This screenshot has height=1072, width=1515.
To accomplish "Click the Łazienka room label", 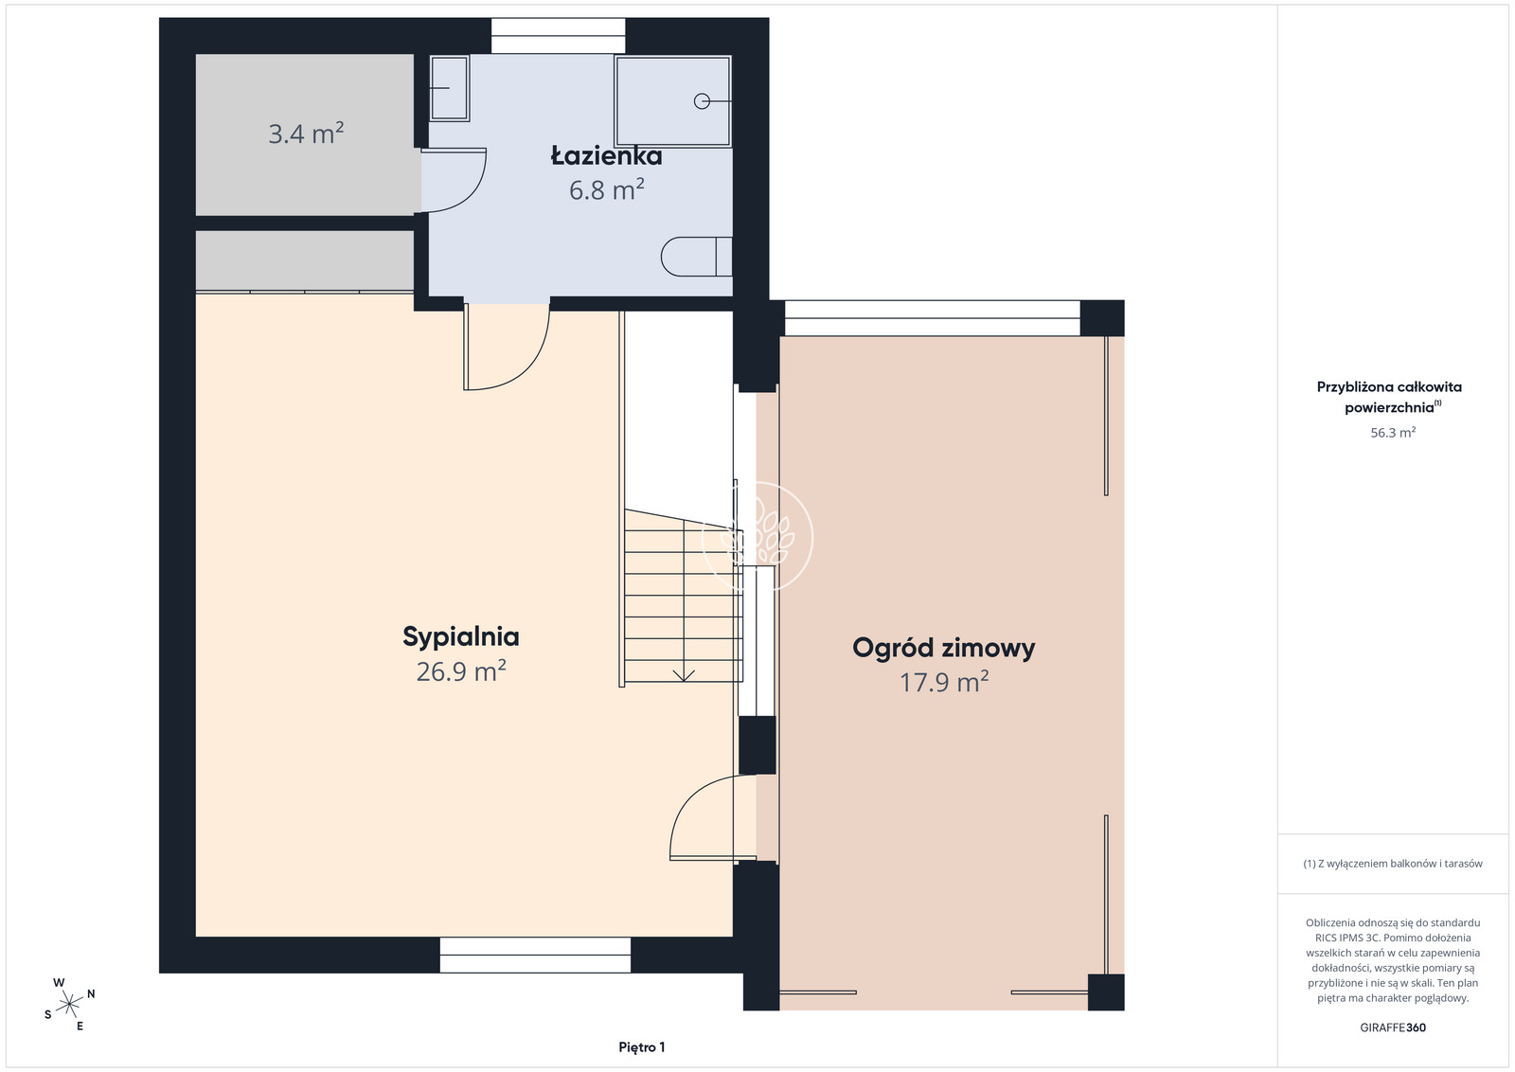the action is coord(606,155).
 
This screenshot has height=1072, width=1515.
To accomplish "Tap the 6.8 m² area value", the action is coord(606,189).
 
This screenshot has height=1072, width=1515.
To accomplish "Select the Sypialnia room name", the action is coord(460,637).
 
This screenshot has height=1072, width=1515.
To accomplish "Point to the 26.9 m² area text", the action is coord(460,670).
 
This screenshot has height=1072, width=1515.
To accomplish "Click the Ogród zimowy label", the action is coord(943,648).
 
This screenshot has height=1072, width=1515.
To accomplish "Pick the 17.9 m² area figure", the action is coord(943,682).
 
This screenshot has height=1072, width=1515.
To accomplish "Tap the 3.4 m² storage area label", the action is coord(306,134).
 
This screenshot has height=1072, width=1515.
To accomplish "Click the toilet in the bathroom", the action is coord(696,257).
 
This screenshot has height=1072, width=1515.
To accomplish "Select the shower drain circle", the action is coord(702,101).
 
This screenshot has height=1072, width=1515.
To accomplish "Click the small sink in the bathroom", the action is coord(449,89).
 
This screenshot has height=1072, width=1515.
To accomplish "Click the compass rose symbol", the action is coord(69,1004).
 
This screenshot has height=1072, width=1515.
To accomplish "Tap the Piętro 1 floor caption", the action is coord(641,1047).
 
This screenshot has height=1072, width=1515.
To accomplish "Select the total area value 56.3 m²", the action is coord(1393,432).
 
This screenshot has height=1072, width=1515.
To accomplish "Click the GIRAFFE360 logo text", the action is coord(1393,1027).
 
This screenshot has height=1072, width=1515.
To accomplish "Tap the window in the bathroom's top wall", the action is coord(558,36).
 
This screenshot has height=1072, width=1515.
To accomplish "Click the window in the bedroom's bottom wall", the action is coord(535,955).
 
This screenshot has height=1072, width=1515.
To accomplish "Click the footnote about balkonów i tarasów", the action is coord(1393,864).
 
